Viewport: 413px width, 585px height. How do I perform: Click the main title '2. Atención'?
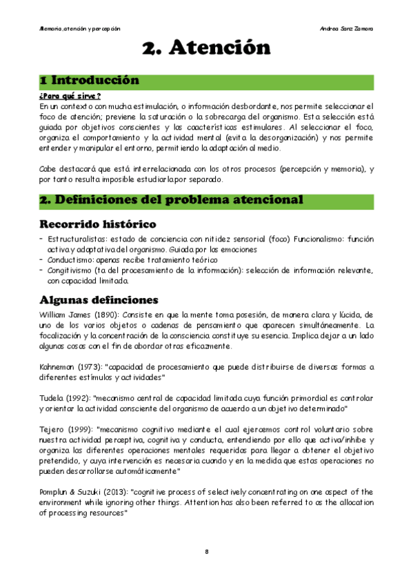click(206, 48)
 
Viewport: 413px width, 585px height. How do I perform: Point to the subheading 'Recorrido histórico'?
click(97, 224)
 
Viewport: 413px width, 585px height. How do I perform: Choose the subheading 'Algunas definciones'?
click(99, 299)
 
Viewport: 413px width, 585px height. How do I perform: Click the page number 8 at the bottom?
click(207, 552)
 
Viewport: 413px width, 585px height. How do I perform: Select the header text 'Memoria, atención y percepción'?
click(80, 29)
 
